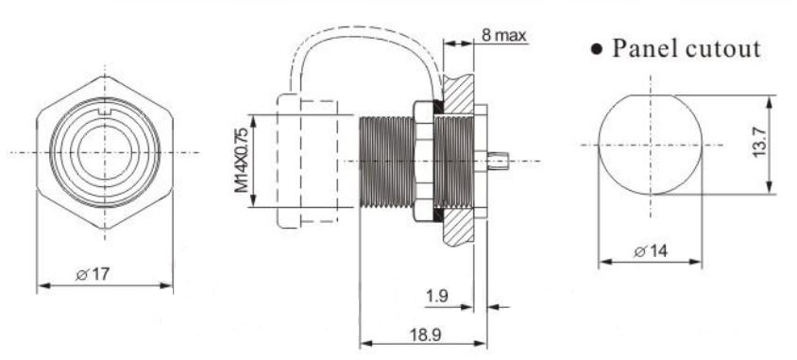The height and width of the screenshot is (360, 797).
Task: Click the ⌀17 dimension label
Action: [x=92, y=275]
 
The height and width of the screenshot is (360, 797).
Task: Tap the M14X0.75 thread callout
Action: [x=242, y=161]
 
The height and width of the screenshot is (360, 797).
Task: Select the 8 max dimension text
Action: [x=503, y=36]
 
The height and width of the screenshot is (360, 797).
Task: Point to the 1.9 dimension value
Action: [x=437, y=296]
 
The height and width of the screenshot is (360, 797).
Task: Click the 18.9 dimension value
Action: [x=426, y=334]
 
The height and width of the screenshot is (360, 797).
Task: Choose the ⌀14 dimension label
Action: [x=652, y=250]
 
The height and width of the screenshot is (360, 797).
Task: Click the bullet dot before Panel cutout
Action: [x=597, y=50]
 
